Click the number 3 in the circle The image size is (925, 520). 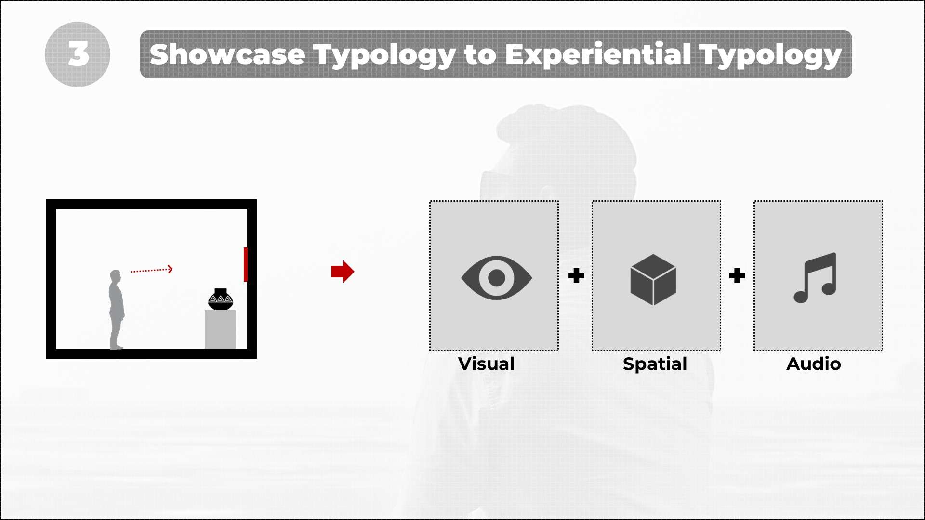[x=78, y=53]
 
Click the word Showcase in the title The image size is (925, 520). [x=227, y=54]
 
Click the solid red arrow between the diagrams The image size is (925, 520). [x=343, y=272]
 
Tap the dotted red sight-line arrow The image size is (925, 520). [x=151, y=270]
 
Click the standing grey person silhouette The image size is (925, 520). [x=116, y=310]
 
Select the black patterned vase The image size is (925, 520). [x=221, y=299]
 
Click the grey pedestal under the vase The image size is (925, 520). [x=220, y=329]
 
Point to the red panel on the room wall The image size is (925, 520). [x=246, y=264]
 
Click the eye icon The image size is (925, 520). [x=497, y=278]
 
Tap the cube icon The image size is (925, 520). [x=653, y=280]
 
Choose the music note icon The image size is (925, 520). [x=815, y=278]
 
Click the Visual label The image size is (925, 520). [x=487, y=364]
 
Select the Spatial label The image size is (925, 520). [x=655, y=364]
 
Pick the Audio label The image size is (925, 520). [x=814, y=364]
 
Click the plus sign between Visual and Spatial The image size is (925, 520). [x=576, y=276]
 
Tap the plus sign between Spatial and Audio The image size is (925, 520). [x=737, y=276]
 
